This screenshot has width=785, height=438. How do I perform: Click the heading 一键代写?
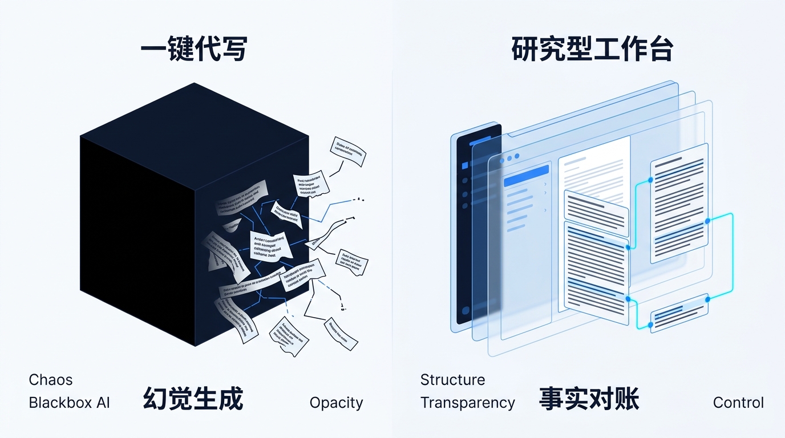[x=194, y=50]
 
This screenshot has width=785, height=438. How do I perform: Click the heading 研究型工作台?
[x=592, y=50]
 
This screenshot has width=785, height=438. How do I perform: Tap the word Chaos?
[x=51, y=380]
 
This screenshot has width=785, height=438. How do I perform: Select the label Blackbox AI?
[x=69, y=403]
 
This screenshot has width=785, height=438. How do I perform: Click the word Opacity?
[x=336, y=403]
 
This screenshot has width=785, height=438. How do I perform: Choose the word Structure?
[x=452, y=380]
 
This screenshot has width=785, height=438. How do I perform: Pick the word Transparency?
[x=467, y=403]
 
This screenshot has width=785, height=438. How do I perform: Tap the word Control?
[x=738, y=403]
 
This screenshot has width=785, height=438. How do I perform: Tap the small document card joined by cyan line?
[x=679, y=313]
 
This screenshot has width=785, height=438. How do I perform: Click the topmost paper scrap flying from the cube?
[x=348, y=152]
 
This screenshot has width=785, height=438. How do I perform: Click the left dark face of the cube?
[x=137, y=240]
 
